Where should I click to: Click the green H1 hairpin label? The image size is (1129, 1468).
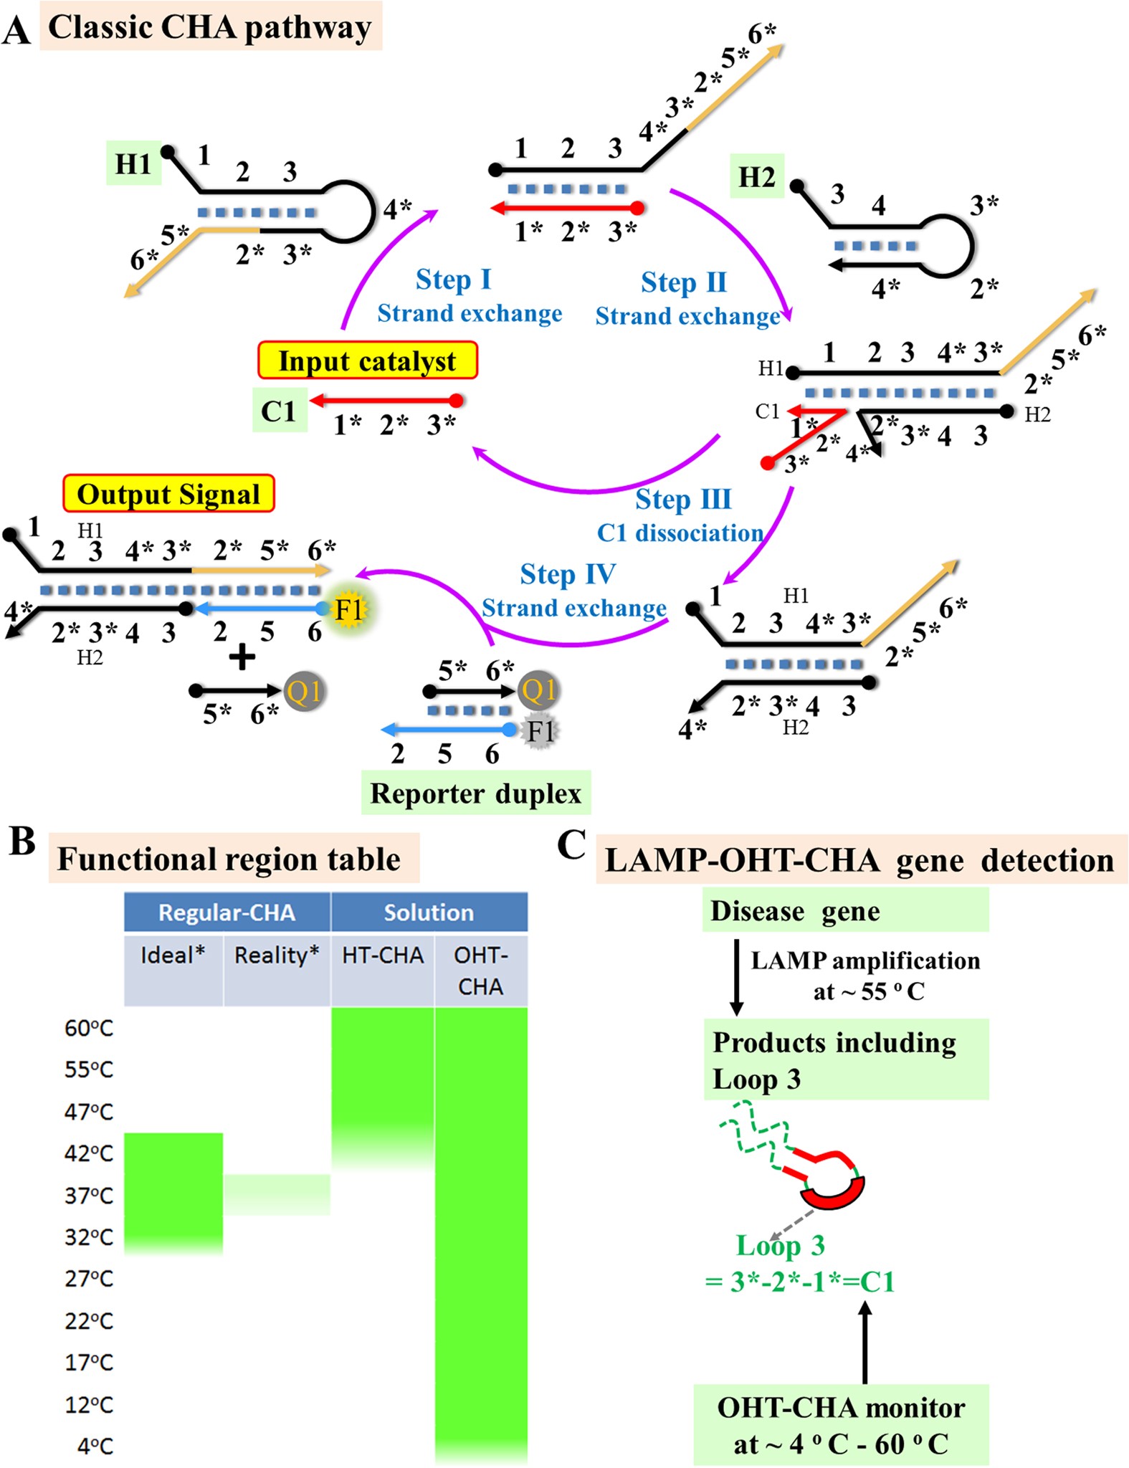[133, 164]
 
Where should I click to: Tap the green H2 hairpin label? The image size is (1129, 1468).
[757, 176]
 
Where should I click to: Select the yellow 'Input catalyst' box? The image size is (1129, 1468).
[367, 361]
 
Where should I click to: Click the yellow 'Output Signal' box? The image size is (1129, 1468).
[168, 494]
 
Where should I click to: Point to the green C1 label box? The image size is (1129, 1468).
[280, 411]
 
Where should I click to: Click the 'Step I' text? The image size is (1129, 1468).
[453, 280]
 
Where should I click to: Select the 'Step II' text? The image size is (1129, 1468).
[684, 282]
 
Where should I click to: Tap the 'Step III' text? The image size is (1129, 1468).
[683, 500]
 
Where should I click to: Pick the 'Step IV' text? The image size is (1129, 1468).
[568, 574]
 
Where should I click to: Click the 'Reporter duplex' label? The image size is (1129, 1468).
[476, 793]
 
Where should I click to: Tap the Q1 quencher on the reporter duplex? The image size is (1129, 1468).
[538, 690]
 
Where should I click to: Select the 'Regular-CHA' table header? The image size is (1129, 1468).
[227, 912]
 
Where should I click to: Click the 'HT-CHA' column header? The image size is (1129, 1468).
[383, 955]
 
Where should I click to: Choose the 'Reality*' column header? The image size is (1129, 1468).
[277, 955]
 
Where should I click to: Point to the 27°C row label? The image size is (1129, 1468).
[89, 1279]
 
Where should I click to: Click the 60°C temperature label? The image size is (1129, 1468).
[89, 1029]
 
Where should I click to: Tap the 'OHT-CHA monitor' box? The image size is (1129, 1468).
[841, 1425]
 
